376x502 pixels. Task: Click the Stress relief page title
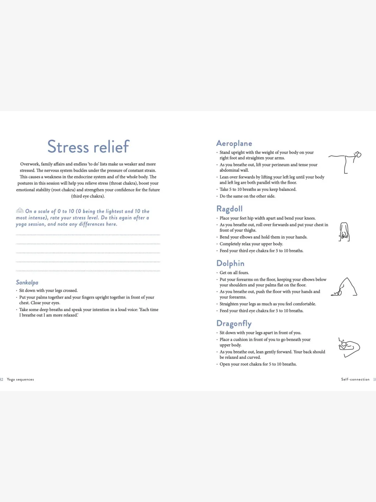pos(88,147)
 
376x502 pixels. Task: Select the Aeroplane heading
pos(234,143)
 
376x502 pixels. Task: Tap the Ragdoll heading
pos(229,209)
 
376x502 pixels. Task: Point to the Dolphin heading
pos(230,263)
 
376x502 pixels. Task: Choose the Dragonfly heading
pos(234,323)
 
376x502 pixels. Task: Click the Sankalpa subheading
pos(27,282)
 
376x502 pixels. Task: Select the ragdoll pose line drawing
pos(344,232)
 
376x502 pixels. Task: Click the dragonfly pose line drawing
pos(349,347)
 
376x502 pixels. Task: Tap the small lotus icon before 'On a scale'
pos(20,210)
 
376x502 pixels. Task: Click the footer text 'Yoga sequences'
pos(21,380)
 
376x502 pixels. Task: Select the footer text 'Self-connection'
pos(355,380)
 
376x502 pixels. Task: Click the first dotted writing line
pos(88,235)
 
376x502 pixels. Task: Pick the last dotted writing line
pos(88,271)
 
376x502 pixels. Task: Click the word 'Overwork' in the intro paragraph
pos(30,164)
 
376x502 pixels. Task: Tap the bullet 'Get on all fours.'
pos(234,273)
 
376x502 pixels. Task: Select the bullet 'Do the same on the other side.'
pos(247,196)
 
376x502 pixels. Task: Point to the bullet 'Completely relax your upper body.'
pos(251,244)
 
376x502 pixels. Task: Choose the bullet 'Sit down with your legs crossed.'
pos(48,291)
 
